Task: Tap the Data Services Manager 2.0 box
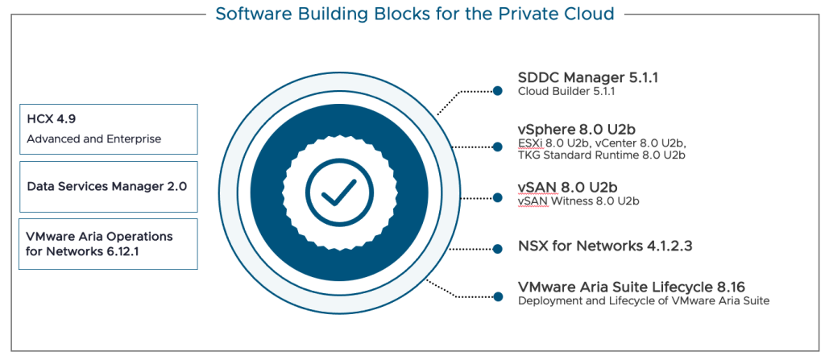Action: pyautogui.click(x=107, y=185)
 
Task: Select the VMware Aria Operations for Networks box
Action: pyautogui.click(x=107, y=244)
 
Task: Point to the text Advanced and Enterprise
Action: pyautogui.click(x=93, y=139)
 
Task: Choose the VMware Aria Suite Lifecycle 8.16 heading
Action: pyautogui.click(x=631, y=286)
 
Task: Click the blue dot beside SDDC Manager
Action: pyautogui.click(x=498, y=91)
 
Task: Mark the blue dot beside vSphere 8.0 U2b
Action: pyautogui.click(x=498, y=147)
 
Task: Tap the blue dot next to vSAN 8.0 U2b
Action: pyautogui.click(x=498, y=197)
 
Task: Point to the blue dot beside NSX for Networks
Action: pyautogui.click(x=498, y=249)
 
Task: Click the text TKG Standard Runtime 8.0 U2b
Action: pyautogui.click(x=601, y=155)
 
